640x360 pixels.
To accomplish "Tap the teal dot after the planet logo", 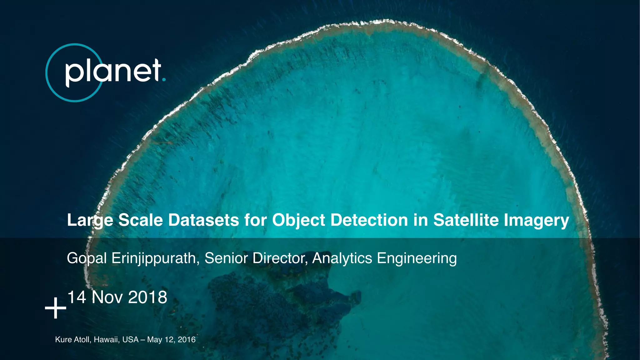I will (x=164, y=80).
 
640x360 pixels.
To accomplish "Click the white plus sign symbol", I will (x=56, y=308).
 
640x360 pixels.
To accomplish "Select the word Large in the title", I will (x=90, y=220).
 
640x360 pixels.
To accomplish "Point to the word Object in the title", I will (x=299, y=220).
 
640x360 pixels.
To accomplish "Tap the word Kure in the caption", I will (x=63, y=340).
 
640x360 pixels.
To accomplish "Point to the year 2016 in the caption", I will (x=187, y=340).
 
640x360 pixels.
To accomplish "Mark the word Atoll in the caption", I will (x=82, y=340).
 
